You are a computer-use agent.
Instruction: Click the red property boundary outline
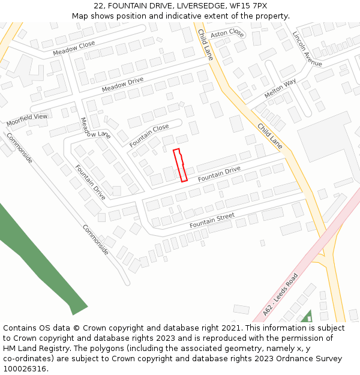point(180,165)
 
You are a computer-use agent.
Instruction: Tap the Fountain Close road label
point(149,136)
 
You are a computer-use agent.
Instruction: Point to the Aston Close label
point(227,33)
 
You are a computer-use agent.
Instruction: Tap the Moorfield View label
point(27,120)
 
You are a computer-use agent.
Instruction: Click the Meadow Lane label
point(95,127)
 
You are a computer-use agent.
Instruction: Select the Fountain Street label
point(212,220)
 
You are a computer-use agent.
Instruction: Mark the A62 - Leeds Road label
point(281,295)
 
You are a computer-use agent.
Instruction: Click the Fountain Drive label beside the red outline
point(219,174)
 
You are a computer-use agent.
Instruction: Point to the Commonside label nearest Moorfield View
point(19,148)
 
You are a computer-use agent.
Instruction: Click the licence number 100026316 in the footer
point(24,369)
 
